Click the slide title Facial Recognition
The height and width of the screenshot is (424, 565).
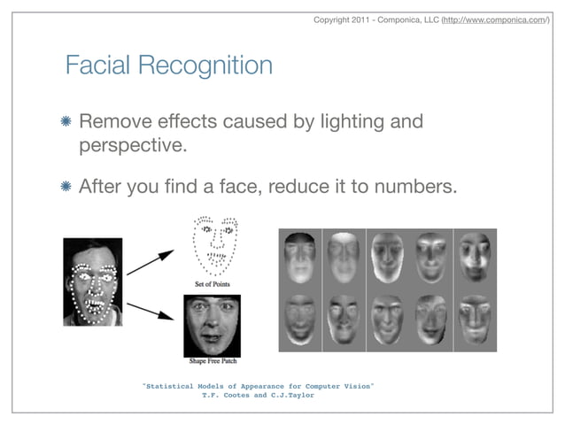(x=168, y=66)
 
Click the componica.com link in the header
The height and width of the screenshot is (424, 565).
(x=495, y=19)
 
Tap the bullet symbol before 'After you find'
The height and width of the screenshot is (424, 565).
(x=67, y=188)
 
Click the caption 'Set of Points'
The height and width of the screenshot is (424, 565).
(x=212, y=284)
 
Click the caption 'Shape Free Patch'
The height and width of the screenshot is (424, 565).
(x=213, y=361)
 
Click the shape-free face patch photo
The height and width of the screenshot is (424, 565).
(x=213, y=325)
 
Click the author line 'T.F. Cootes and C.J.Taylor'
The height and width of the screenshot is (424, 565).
(x=259, y=396)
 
